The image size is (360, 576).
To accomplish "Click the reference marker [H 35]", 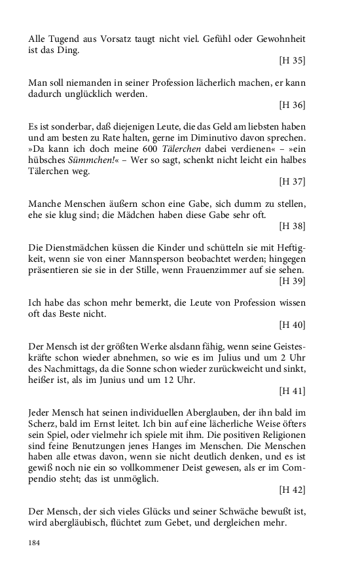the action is (x=292, y=61).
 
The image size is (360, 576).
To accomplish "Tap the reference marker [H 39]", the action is (x=292, y=281).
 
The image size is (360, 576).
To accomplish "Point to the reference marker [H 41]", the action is (x=292, y=391).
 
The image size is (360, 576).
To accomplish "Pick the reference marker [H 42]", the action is (x=292, y=490).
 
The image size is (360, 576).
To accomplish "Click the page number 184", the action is (x=35, y=543).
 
